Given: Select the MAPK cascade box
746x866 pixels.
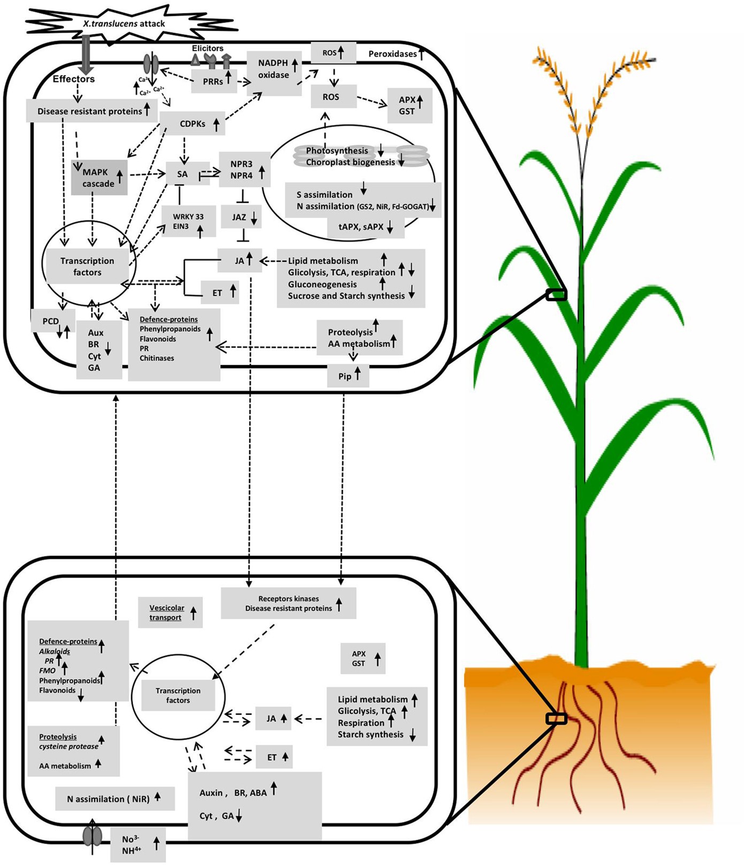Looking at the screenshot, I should pos(99,177).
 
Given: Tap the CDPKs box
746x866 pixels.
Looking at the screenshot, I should pos(193,124).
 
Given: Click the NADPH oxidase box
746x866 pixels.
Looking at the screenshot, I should pos(274,70).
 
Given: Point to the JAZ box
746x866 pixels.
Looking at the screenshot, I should pos(243,217).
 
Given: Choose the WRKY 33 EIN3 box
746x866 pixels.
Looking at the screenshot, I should pos(189,222).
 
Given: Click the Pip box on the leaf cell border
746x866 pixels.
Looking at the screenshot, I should pos(348,376).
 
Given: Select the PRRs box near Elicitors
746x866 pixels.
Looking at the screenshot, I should pos(214,81).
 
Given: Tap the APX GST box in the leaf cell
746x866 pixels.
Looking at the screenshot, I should pos(410,105).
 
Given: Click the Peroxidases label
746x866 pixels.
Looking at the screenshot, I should pos(395,54).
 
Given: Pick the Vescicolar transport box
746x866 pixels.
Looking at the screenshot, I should pos(170,613).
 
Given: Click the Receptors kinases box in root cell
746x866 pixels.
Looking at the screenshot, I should pos(289,604).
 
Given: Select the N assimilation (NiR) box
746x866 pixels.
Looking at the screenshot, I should pos(114,799).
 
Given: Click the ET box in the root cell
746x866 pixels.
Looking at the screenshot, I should pos(274,757).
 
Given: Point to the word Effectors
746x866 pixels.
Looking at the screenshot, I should pos(74,79).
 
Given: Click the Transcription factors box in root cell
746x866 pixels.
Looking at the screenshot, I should pos(178,695).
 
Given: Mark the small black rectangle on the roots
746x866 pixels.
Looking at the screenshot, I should pos(556,718).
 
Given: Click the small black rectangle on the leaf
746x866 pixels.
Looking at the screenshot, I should pos(556,294).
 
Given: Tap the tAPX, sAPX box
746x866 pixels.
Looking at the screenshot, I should pos(366,227).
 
